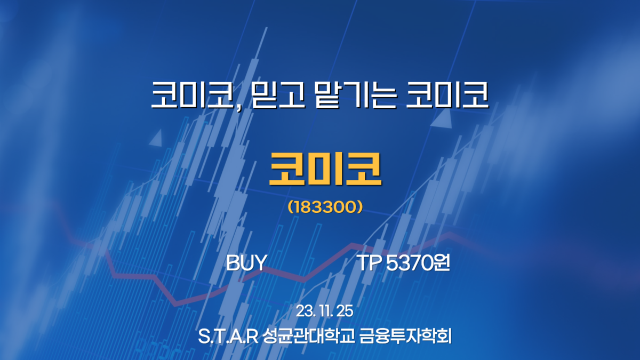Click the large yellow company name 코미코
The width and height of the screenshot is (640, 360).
pyautogui.click(x=325, y=170)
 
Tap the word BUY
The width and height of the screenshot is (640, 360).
pyautogui.click(x=246, y=263)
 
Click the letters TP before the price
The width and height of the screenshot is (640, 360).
pyautogui.click(x=367, y=263)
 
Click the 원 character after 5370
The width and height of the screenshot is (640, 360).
pyautogui.click(x=442, y=263)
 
